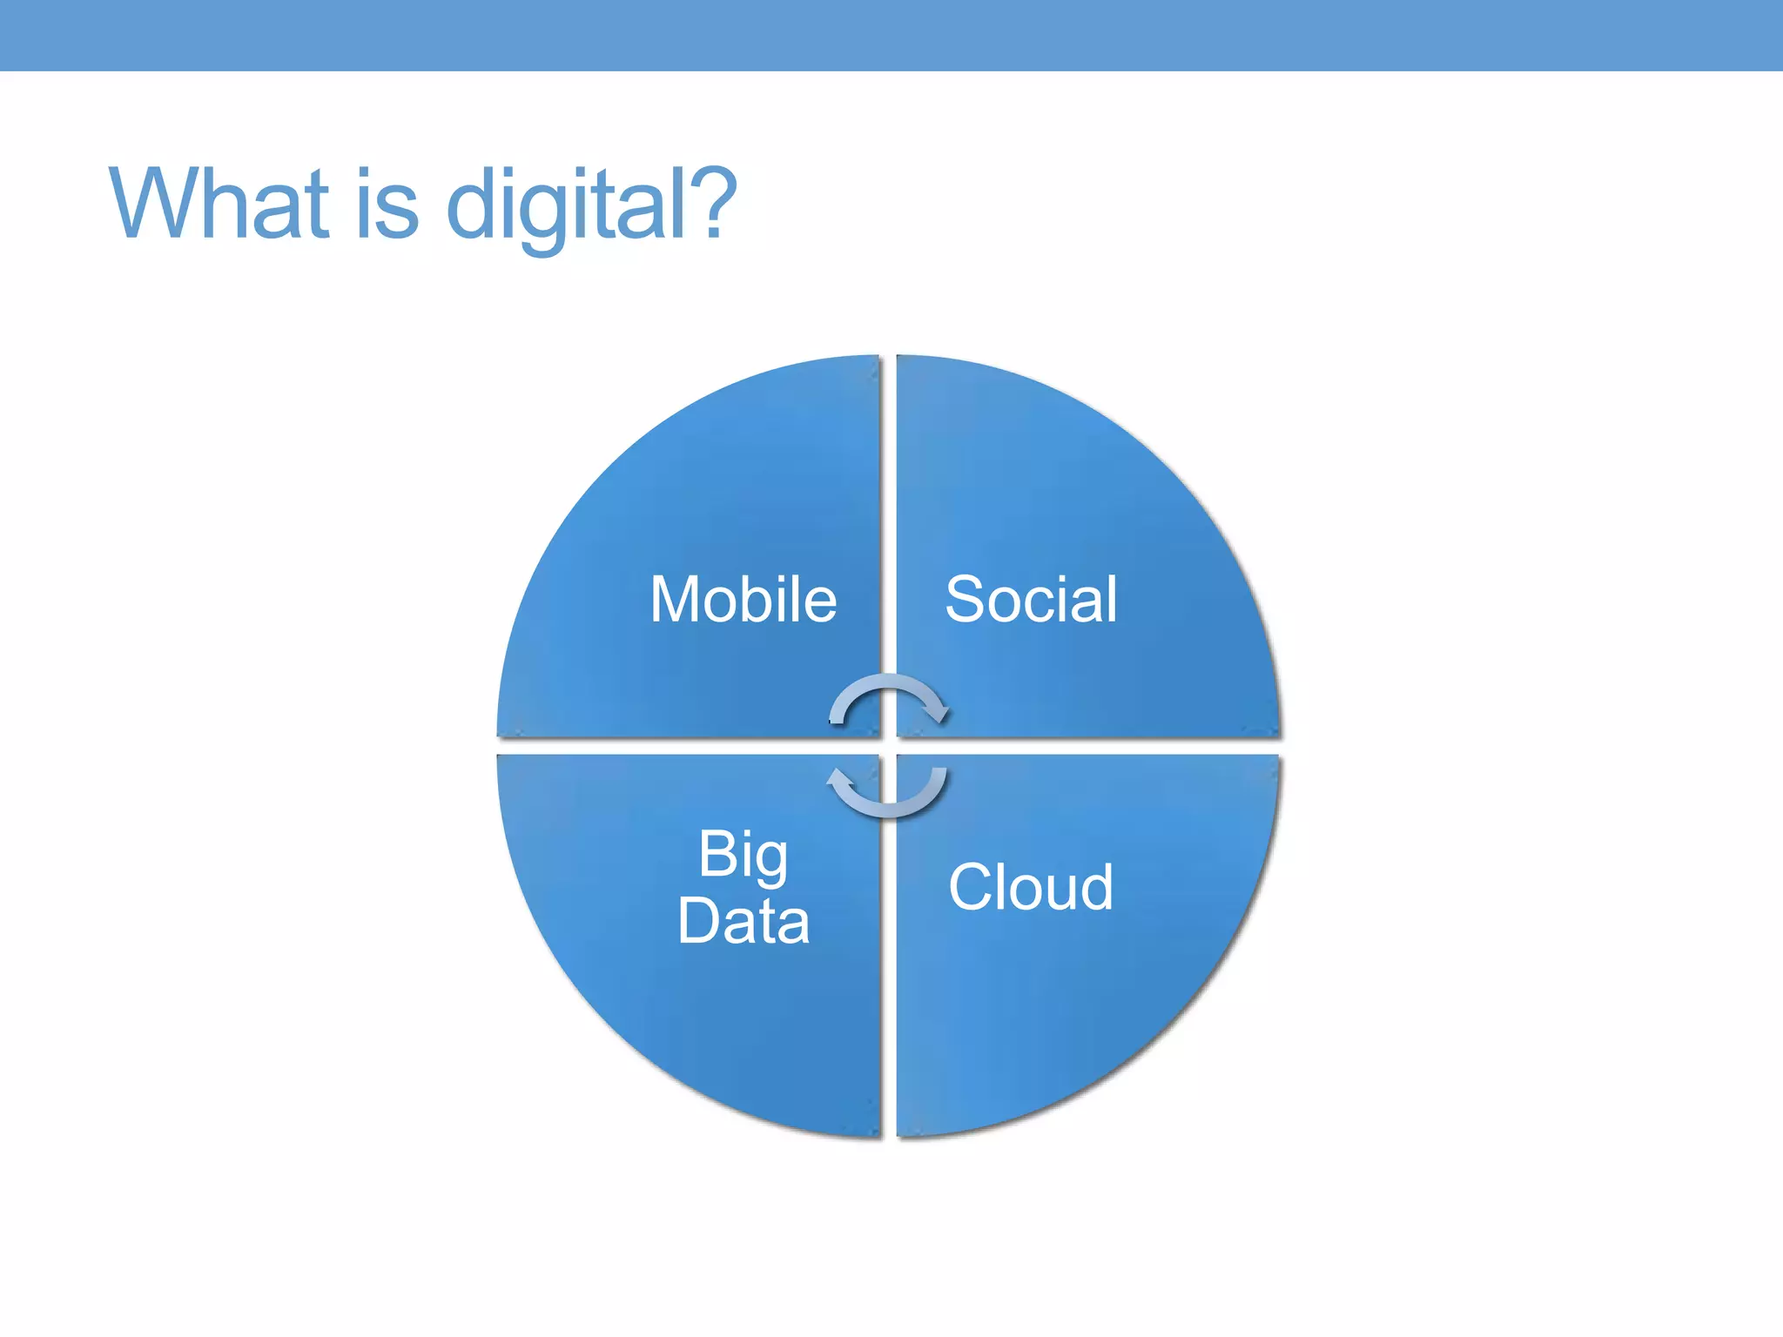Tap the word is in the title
coord(387,204)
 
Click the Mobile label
coord(743,600)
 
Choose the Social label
coord(1031,600)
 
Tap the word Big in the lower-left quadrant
coord(743,855)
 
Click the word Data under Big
coord(743,921)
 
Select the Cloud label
coord(1031,887)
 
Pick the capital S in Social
coord(964,600)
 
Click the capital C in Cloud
coord(969,887)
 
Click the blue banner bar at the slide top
coord(891,35)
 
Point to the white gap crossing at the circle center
coord(889,747)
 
